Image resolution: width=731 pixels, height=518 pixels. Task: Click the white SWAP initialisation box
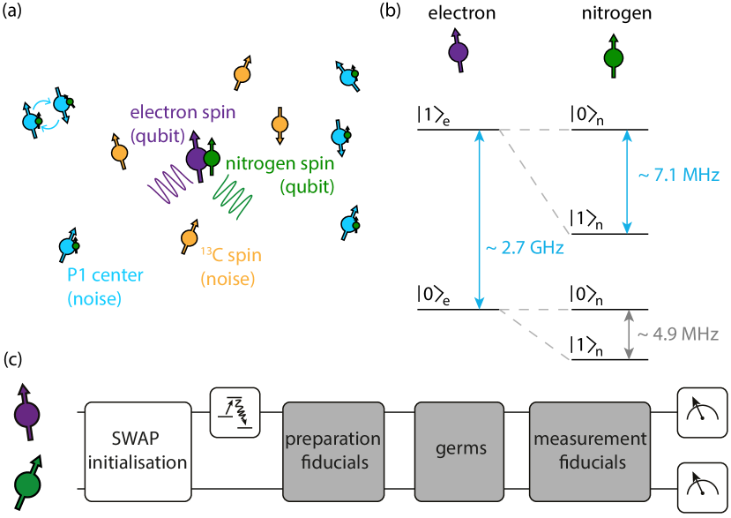coord(138,450)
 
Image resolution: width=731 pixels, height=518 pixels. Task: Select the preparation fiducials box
coord(332,450)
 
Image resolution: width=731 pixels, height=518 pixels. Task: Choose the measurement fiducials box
coord(589,450)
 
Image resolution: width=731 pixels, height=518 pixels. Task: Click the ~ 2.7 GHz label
coord(525,248)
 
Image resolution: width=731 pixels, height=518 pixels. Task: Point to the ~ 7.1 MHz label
coord(678,175)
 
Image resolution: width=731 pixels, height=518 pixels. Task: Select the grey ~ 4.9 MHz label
coord(678,334)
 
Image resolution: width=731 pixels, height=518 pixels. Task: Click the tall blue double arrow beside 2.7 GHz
coord(479,219)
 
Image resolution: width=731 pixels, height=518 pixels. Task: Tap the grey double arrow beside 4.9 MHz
coord(629,334)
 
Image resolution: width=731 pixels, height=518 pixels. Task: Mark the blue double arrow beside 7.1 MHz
coord(626,181)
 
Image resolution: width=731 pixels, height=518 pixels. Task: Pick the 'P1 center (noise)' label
coord(105,287)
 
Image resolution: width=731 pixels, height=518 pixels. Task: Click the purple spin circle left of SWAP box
coord(27,414)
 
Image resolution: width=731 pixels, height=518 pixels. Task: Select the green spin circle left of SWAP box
coord(27,484)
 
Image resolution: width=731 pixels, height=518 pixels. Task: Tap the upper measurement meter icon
coord(702,412)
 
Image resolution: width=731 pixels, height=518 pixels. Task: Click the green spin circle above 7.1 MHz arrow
coord(614,58)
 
